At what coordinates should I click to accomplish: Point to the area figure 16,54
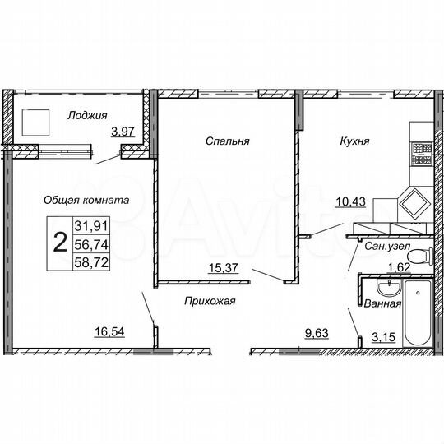(x=110, y=332)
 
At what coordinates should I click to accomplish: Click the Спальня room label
(x=228, y=141)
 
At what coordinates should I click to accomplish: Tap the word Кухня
(x=354, y=141)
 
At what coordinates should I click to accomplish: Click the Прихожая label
(x=210, y=301)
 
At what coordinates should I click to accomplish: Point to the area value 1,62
(x=398, y=266)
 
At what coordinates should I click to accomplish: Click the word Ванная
(x=384, y=303)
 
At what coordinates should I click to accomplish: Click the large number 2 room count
(x=59, y=243)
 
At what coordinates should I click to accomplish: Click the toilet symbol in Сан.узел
(x=419, y=256)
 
